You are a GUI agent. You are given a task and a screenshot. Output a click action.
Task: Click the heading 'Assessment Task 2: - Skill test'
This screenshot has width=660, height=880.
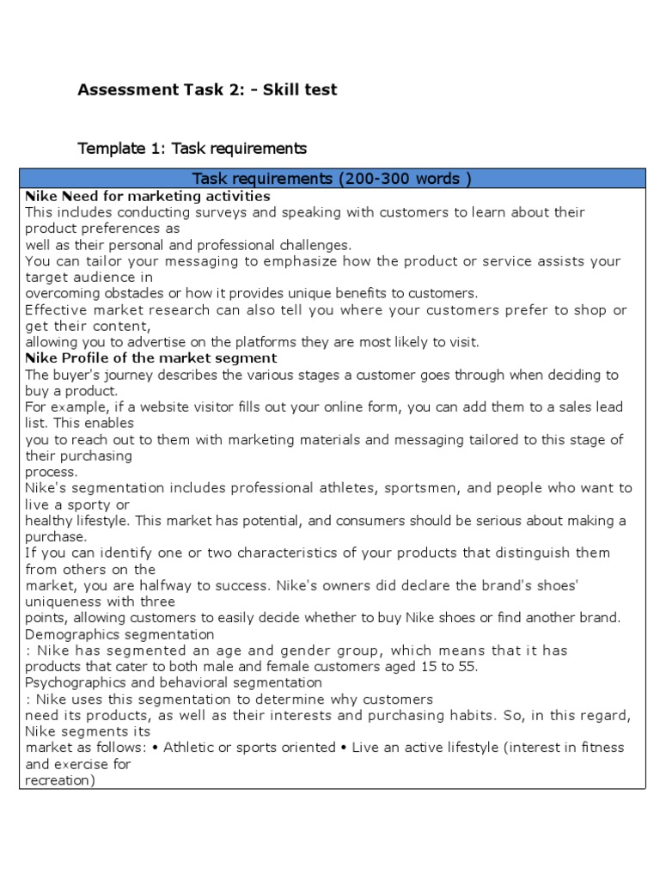[207, 90]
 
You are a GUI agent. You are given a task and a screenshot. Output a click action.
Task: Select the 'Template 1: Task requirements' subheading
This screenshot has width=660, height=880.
[192, 149]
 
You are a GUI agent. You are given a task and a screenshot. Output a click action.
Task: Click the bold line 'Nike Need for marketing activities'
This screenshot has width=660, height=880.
[148, 196]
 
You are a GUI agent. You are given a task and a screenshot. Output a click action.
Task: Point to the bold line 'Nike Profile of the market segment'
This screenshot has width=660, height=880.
[151, 357]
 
